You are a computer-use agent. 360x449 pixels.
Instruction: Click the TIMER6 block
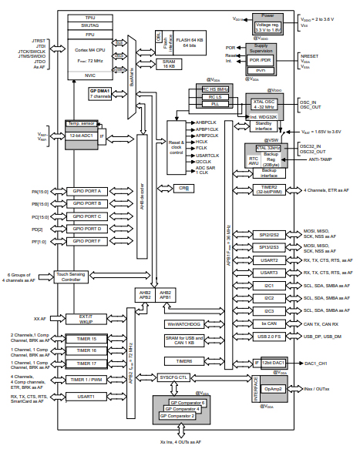click(x=184, y=360)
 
